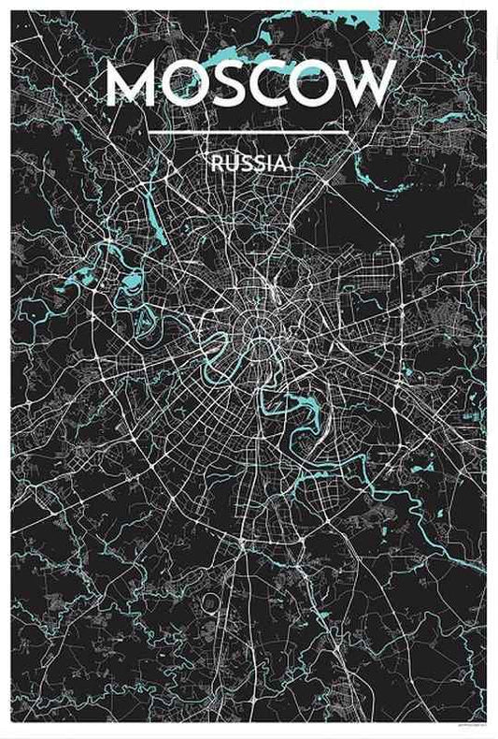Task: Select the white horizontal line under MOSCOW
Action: click(249, 132)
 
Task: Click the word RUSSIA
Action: click(249, 163)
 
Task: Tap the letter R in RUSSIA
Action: click(218, 163)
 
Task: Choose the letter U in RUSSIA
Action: click(231, 163)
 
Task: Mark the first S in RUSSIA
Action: click(244, 163)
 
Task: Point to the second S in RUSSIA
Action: click(256, 163)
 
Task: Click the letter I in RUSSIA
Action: click(266, 163)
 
